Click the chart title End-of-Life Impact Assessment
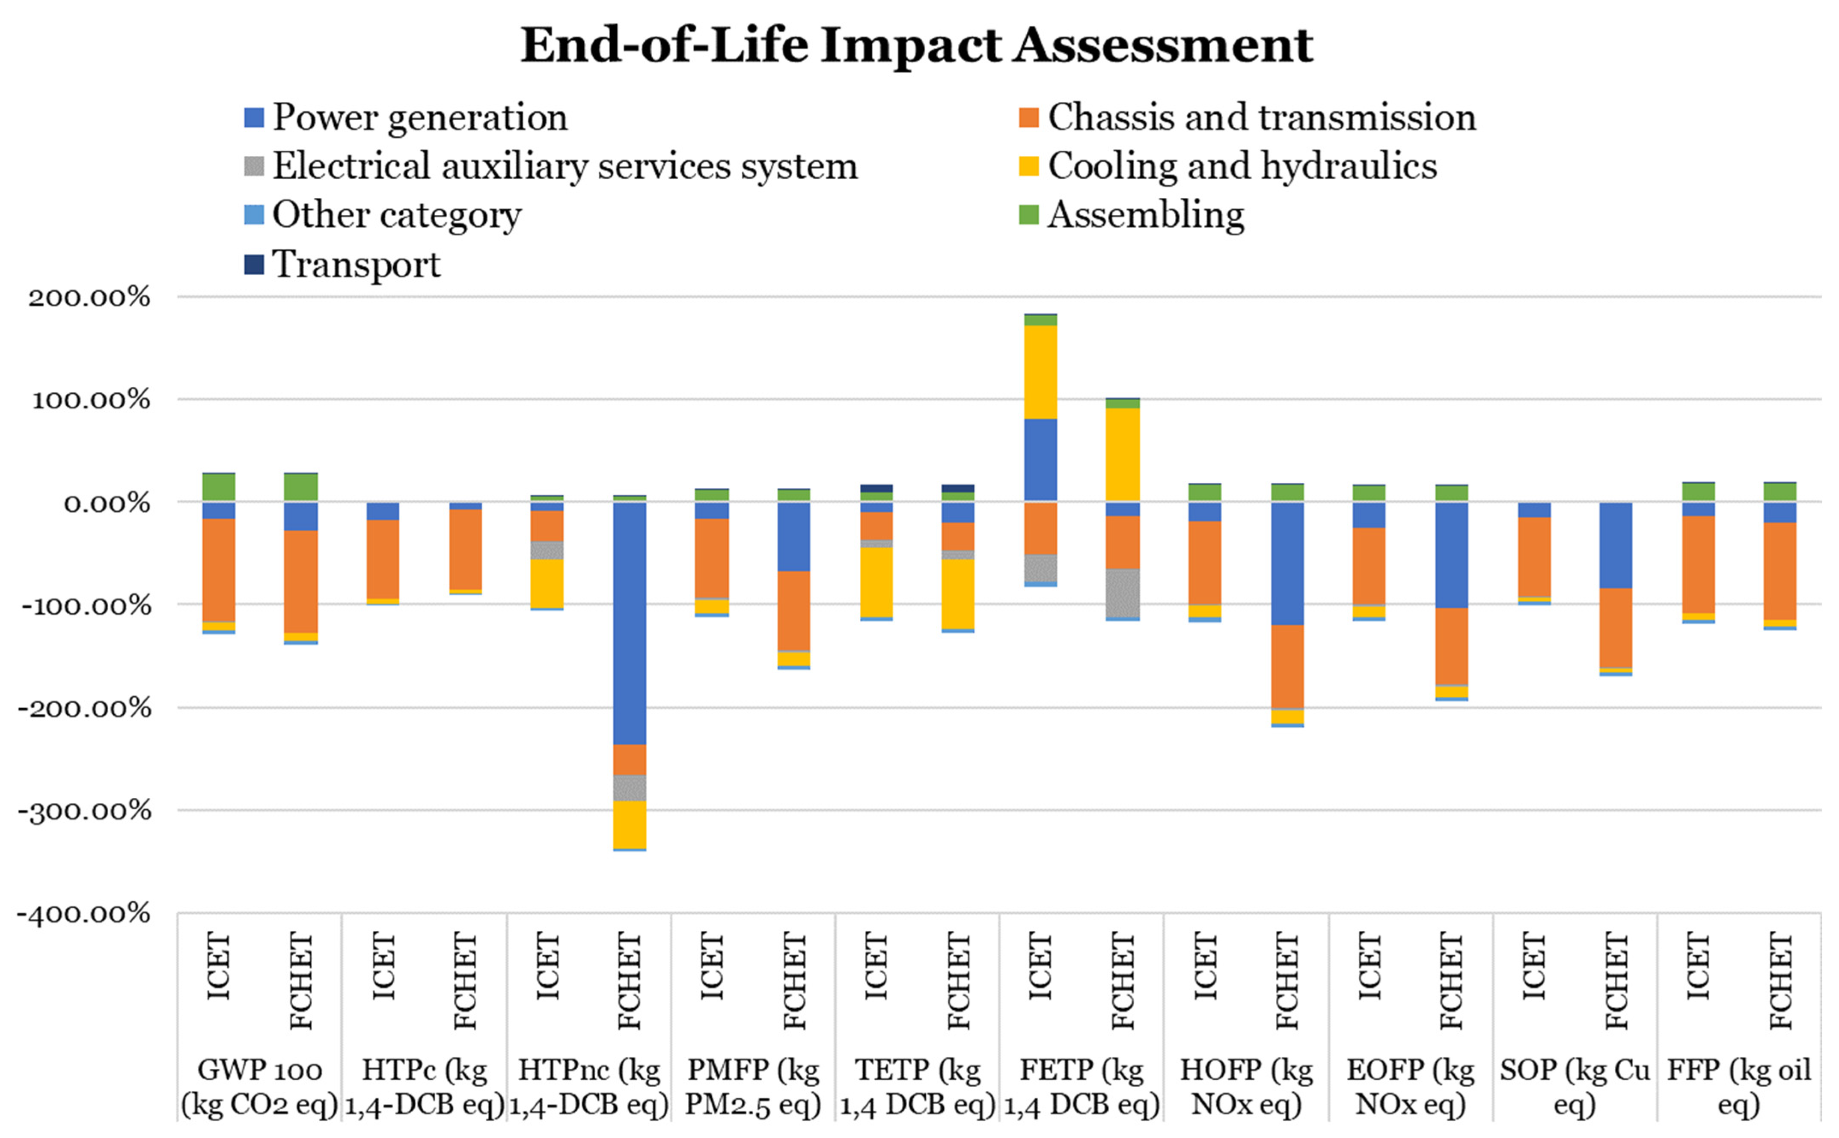click(916, 45)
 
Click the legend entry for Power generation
click(406, 117)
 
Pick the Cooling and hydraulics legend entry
click(1228, 166)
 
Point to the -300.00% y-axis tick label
click(84, 811)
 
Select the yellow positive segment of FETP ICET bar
click(1041, 372)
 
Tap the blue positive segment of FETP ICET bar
click(1041, 459)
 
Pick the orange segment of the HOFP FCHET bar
click(1287, 667)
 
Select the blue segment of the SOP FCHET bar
click(1616, 545)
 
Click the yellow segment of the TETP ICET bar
click(876, 582)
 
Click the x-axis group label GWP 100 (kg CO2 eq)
click(260, 1087)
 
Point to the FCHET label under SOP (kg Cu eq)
click(1616, 981)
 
